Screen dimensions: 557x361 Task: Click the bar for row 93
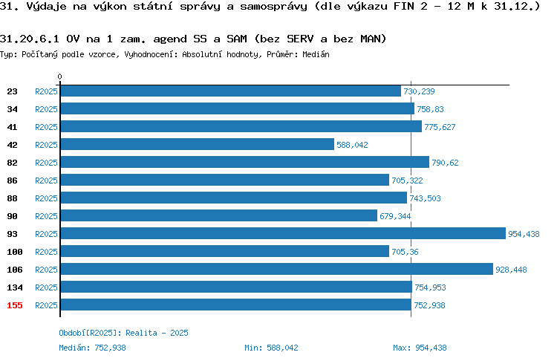pos(283,233)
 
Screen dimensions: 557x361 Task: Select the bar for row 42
pos(198,144)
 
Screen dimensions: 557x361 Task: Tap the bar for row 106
pos(277,269)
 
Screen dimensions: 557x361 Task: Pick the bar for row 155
pos(236,305)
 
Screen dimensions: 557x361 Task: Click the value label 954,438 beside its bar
pos(524,234)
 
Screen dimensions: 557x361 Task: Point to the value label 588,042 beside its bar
pos(352,145)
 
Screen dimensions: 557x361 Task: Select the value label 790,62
pos(445,163)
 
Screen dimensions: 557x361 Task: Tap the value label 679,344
pos(395,216)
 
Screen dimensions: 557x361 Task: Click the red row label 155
pos(15,305)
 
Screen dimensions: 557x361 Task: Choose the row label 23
pos(12,91)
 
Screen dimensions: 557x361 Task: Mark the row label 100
pos(15,252)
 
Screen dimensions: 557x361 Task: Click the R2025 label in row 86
pos(46,180)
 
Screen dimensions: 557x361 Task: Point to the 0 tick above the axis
pos(59,77)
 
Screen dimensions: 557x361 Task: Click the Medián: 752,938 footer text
pos(92,348)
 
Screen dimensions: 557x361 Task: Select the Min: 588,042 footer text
pos(271,348)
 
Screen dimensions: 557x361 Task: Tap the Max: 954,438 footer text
pos(420,348)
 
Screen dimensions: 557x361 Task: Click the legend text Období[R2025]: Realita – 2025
pos(123,333)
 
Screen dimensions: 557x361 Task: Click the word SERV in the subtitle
pos(300,39)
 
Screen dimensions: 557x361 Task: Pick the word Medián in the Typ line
pos(316,54)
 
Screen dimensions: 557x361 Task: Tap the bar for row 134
pos(236,287)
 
